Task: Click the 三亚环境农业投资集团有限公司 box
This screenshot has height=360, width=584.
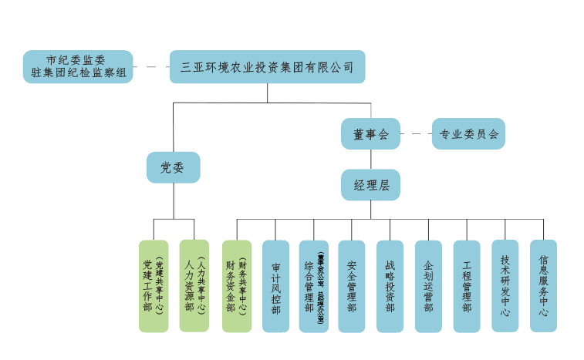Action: pyautogui.click(x=267, y=67)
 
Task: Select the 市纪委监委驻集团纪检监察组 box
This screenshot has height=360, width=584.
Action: pyautogui.click(x=77, y=67)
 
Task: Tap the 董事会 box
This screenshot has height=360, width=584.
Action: pyautogui.click(x=370, y=133)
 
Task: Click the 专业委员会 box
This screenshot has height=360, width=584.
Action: pyautogui.click(x=468, y=133)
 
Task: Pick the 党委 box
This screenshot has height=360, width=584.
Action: pyautogui.click(x=173, y=167)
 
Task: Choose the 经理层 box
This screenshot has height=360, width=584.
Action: pyautogui.click(x=370, y=185)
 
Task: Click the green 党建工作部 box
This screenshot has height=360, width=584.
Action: pyautogui.click(x=153, y=286)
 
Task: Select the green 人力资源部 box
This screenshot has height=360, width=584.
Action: pyautogui.click(x=194, y=286)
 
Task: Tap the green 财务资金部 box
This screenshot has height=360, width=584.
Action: pyautogui.click(x=237, y=286)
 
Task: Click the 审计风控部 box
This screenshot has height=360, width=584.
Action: pyautogui.click(x=275, y=286)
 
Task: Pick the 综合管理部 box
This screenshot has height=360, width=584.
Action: pyautogui.click(x=313, y=286)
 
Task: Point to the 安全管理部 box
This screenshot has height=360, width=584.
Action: pyautogui.click(x=352, y=286)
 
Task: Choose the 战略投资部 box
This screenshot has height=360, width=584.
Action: pyautogui.click(x=390, y=286)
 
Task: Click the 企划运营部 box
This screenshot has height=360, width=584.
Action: pyautogui.click(x=428, y=286)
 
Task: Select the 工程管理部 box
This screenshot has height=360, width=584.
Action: pyautogui.click(x=467, y=286)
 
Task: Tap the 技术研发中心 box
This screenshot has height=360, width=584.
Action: pyautogui.click(x=505, y=286)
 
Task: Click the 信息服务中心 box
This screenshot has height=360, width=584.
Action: pyautogui.click(x=543, y=286)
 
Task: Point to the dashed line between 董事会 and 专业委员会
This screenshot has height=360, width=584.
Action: pyautogui.click(x=416, y=133)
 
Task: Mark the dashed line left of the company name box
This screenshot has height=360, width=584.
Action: pyautogui.click(x=151, y=67)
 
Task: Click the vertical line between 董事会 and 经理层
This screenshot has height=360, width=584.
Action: pyautogui.click(x=370, y=159)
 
